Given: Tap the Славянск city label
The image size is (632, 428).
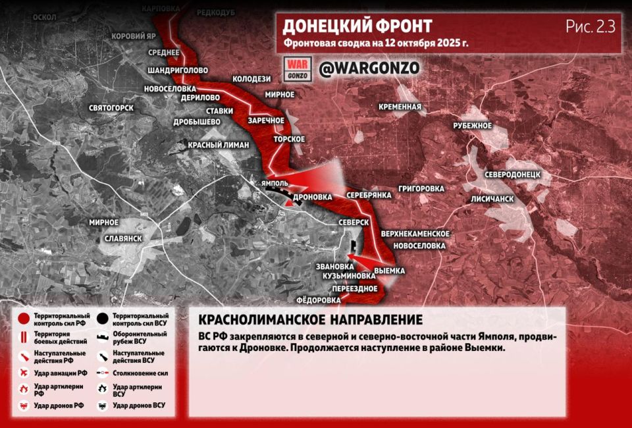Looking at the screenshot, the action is click(x=123, y=238).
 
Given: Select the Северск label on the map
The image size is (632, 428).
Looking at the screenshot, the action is click(x=354, y=223).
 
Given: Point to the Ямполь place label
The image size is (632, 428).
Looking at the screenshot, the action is click(x=273, y=183).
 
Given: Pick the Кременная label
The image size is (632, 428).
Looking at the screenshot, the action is click(x=400, y=107).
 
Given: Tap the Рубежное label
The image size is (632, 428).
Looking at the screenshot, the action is click(x=473, y=125).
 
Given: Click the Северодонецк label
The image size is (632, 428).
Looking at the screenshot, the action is click(x=512, y=174).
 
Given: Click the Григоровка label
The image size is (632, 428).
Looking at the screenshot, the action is click(x=421, y=188).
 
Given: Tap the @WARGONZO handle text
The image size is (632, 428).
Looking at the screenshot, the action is click(x=369, y=68).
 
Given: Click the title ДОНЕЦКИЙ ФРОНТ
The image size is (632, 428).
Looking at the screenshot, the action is click(x=357, y=26).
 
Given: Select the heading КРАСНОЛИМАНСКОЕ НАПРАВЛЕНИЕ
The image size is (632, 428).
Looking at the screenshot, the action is click(x=310, y=320).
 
